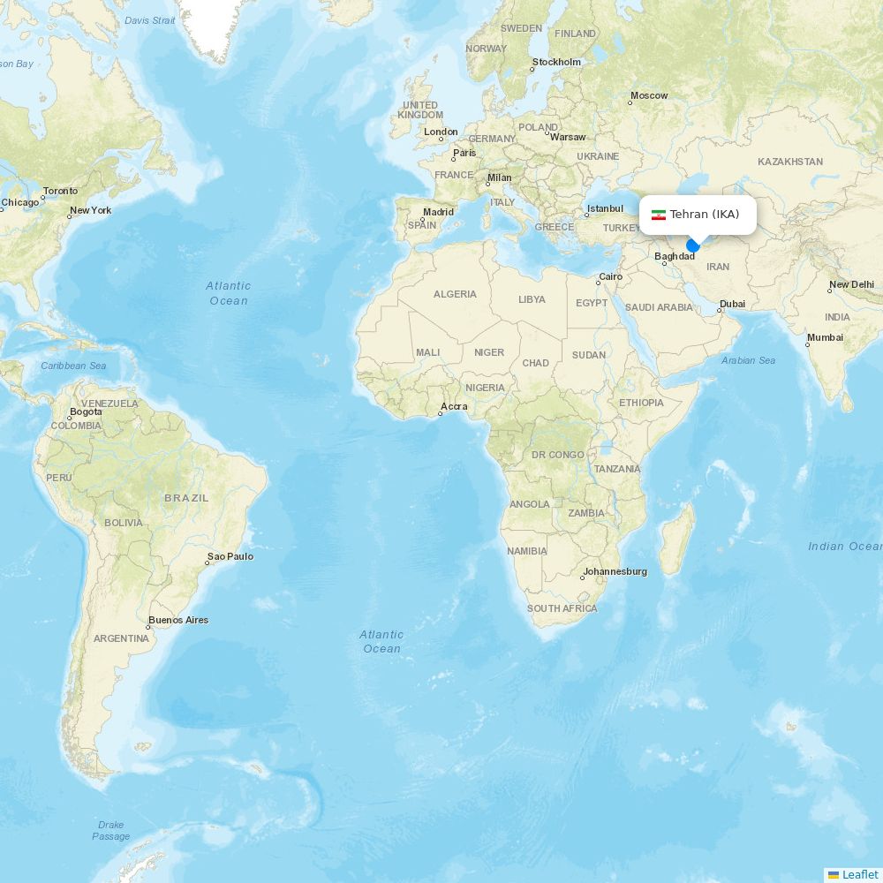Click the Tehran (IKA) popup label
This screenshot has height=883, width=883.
click(x=704, y=215)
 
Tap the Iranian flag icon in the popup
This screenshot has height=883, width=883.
click(x=659, y=215)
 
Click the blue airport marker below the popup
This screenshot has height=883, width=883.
click(x=693, y=245)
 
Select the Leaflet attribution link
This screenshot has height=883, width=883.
click(x=859, y=874)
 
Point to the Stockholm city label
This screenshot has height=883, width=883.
click(x=557, y=63)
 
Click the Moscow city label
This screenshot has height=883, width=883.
click(x=650, y=95)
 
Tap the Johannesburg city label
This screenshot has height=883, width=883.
click(x=615, y=571)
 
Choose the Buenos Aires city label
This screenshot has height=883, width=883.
click(x=179, y=620)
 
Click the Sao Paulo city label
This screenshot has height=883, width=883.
click(x=230, y=556)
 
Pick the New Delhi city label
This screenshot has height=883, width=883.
click(x=852, y=284)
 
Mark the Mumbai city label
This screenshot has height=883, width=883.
click(x=826, y=337)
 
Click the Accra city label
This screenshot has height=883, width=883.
click(x=455, y=406)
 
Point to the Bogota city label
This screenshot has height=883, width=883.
click(x=86, y=412)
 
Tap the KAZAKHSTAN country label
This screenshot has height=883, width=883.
click(x=790, y=162)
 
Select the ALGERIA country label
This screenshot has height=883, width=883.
click(x=455, y=294)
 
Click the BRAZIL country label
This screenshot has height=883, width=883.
click(x=186, y=498)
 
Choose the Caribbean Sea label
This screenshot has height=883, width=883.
click(x=73, y=366)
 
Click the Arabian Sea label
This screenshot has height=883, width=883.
click(x=748, y=360)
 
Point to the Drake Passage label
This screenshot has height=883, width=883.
click(x=111, y=831)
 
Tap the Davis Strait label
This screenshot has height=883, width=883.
click(x=150, y=20)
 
